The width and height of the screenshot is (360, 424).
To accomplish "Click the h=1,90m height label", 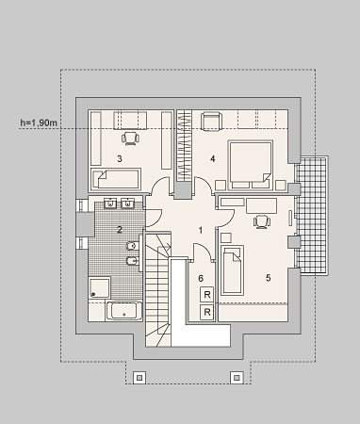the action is pyautogui.click(x=39, y=122).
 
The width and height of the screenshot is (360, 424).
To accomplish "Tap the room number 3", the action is pyautogui.click(x=120, y=159).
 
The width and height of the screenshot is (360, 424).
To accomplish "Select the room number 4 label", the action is pyautogui.click(x=213, y=159).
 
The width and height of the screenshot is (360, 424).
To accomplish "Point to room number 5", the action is pyautogui.click(x=268, y=278).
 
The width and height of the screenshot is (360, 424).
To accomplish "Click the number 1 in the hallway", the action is pyautogui.click(x=201, y=231).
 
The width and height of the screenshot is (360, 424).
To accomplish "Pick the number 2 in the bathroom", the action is pyautogui.click(x=120, y=230).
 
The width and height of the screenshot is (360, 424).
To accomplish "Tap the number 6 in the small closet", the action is pyautogui.click(x=201, y=278).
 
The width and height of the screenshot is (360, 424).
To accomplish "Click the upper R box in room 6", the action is pyautogui.click(x=207, y=295).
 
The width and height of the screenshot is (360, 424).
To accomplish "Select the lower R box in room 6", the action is pyautogui.click(x=207, y=312).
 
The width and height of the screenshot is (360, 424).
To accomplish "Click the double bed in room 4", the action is pyautogui.click(x=251, y=166).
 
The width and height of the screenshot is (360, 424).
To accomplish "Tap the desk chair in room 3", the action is pyautogui.click(x=130, y=139).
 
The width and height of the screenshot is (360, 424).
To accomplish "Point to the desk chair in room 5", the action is pyautogui.click(x=262, y=221).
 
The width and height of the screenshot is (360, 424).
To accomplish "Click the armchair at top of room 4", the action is pyautogui.click(x=211, y=121).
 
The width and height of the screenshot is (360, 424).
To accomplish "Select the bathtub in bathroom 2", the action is pyautogui.click(x=123, y=311).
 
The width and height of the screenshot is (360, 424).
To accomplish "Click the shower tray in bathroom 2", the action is pyautogui.click(x=99, y=287).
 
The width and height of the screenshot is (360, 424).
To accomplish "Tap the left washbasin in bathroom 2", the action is pyautogui.click(x=110, y=203).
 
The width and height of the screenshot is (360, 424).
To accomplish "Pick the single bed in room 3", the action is pyautogui.click(x=116, y=179).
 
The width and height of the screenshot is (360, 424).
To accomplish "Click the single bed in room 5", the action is pyautogui.click(x=233, y=270).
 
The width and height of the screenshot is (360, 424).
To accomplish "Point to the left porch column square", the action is pyautogui.click(x=139, y=377).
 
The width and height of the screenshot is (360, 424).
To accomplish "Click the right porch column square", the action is pyautogui.click(x=237, y=377).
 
